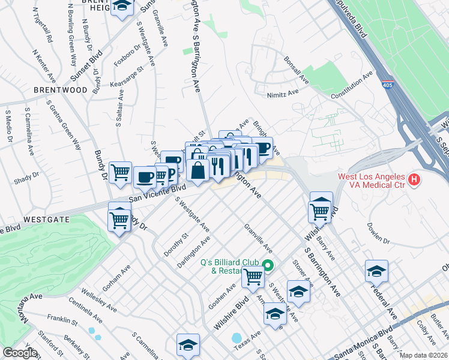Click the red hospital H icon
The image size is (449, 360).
(413, 179)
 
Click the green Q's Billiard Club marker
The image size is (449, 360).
(268, 265)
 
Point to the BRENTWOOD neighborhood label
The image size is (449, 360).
(61, 90)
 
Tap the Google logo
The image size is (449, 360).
(20, 353)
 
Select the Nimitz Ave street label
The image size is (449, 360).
(283, 94)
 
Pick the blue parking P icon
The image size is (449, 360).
(170, 173)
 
